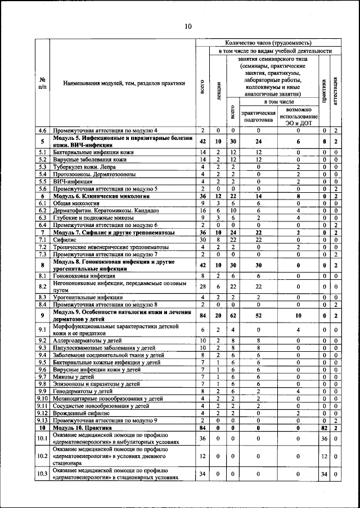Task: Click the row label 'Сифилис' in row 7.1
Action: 65,239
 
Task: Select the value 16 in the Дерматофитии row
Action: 202,211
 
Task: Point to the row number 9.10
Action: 42,398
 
